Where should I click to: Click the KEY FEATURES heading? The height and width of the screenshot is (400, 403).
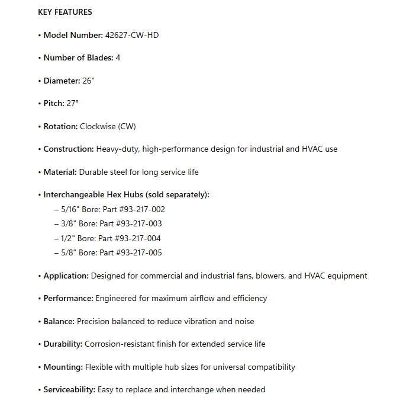65,12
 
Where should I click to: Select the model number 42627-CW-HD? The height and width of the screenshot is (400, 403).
132,35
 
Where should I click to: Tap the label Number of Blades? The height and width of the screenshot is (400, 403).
78,58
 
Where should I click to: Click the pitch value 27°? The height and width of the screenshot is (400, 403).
72,103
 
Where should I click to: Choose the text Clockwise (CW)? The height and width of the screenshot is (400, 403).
108,126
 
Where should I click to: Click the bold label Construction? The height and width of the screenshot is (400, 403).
69,149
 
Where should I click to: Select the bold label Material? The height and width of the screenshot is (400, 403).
60,172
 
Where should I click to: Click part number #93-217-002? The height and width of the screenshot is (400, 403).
141,209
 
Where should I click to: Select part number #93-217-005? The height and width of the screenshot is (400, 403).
140,252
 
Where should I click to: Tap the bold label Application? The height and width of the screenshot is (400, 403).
66,276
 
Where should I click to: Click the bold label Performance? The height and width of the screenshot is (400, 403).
67,298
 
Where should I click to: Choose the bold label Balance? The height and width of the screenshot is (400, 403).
59,321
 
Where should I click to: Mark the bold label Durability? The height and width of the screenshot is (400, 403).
63,344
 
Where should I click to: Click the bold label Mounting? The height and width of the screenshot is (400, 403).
63,367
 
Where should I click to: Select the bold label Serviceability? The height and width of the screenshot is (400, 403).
69,389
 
